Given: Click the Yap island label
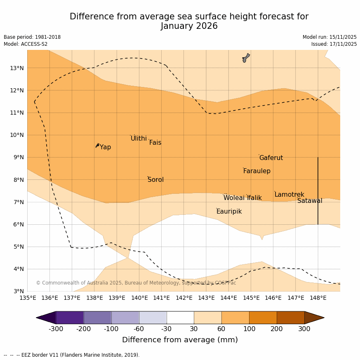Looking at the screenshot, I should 105,147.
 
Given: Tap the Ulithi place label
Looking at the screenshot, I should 139,139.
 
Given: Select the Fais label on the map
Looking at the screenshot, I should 155,143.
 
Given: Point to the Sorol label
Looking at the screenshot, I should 155,180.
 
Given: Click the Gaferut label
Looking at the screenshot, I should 271,158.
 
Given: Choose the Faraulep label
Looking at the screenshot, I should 256,171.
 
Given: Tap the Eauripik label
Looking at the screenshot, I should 229,212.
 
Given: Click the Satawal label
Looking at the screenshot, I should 310,201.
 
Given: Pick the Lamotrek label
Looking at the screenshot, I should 289,195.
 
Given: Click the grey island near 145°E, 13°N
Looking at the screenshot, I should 246,58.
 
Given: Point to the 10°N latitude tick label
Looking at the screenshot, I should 16,135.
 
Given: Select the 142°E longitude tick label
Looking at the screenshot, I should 184,298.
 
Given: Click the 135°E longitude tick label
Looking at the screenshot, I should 28,298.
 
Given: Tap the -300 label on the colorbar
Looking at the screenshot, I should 56,329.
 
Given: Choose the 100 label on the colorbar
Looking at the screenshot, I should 249,329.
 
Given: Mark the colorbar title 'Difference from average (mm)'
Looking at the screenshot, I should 180,340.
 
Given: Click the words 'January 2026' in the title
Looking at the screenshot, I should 189,26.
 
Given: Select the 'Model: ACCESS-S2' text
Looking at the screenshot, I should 26,44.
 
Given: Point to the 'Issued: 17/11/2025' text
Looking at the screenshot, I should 334,44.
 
